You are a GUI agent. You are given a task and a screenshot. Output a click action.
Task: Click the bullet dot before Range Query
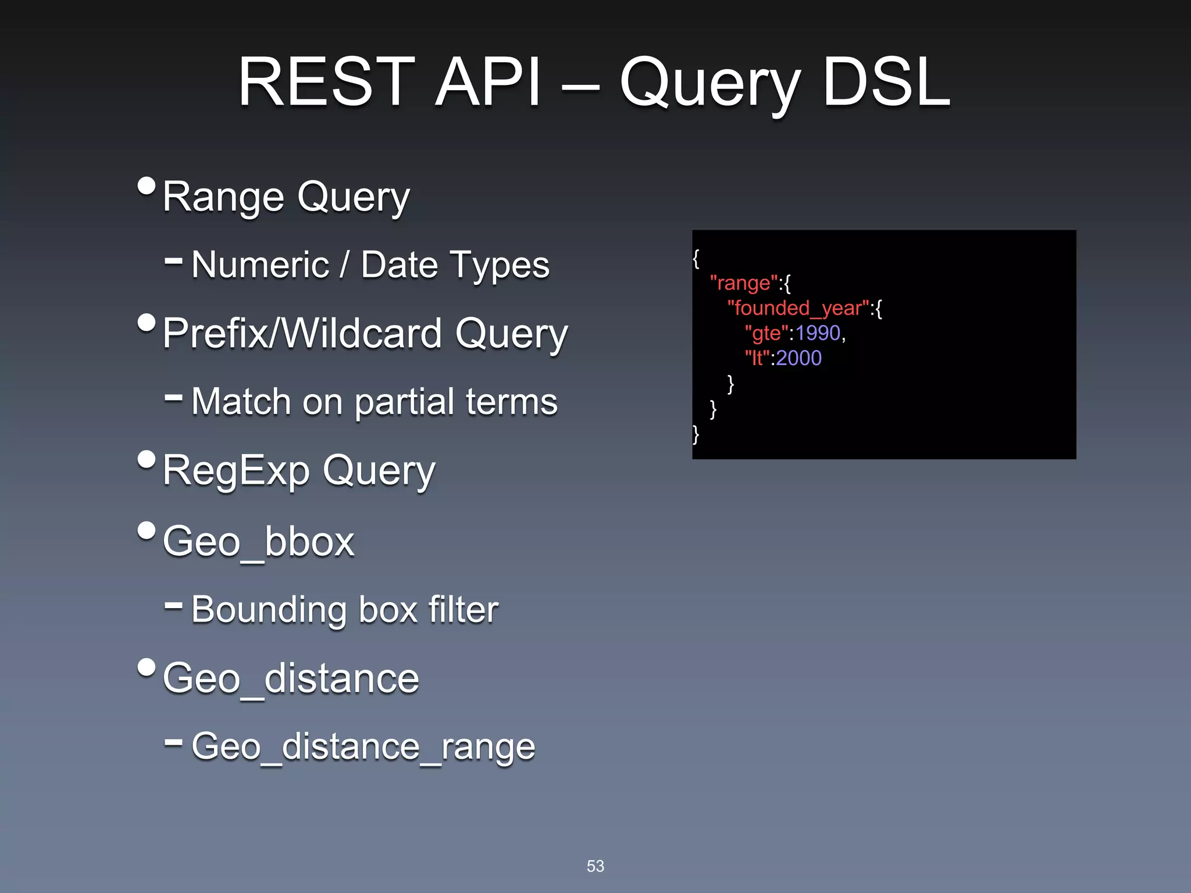[x=147, y=186]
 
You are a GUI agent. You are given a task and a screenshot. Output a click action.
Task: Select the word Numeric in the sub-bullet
[x=260, y=265]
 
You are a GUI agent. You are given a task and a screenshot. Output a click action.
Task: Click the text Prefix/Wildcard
[x=302, y=333]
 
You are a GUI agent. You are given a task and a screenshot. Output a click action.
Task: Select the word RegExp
[x=236, y=470]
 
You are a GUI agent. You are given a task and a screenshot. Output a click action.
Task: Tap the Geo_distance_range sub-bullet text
[x=363, y=746]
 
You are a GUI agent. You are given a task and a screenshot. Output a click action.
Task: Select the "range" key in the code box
[x=743, y=283]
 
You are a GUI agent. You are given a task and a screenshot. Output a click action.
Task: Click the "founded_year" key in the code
[x=798, y=308]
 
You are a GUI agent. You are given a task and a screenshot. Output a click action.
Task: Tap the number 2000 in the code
[x=798, y=358]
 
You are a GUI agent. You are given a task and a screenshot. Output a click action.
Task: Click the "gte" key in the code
[x=766, y=334]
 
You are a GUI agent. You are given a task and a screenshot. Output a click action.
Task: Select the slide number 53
[x=595, y=866]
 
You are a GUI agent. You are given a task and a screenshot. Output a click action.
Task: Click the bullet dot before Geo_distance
[x=147, y=667]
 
